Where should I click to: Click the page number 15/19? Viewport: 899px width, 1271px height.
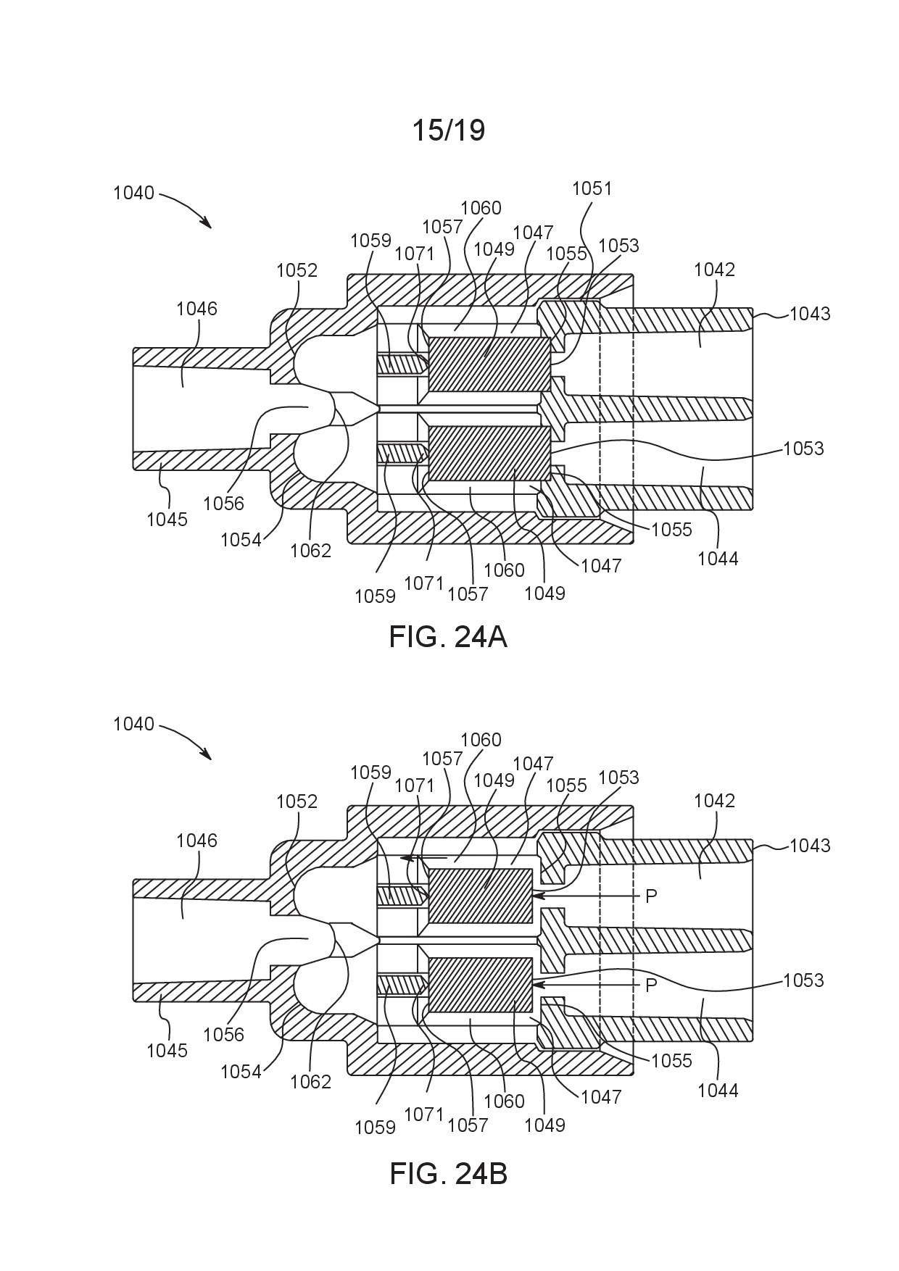(x=448, y=130)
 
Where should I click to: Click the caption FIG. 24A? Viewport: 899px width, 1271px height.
(x=447, y=637)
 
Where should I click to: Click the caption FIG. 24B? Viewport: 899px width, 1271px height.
(x=448, y=1173)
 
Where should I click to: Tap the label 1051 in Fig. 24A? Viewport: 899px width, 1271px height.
(x=592, y=188)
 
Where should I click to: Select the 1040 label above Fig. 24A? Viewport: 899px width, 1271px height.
(x=133, y=193)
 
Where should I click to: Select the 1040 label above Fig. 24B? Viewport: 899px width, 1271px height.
(x=133, y=724)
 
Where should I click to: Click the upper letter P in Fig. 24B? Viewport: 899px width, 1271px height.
(x=651, y=896)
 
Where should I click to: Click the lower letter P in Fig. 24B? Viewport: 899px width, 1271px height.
(x=651, y=985)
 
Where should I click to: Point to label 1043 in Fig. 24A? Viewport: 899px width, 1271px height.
(x=810, y=314)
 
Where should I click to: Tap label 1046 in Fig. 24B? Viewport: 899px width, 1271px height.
(x=196, y=841)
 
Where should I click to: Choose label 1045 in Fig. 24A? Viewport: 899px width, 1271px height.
(x=167, y=519)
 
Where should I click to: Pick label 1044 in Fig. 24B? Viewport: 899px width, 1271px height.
(x=718, y=1090)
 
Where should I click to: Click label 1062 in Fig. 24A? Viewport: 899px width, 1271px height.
(x=310, y=551)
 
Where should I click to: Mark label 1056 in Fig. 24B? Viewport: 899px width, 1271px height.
(x=223, y=1035)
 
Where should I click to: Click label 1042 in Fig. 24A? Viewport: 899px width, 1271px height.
(x=714, y=270)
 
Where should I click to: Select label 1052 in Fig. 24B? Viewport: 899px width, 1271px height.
(x=297, y=801)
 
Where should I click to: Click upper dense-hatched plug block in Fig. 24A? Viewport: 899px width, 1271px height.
(x=489, y=364)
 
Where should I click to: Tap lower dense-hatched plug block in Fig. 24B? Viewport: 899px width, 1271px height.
(x=481, y=985)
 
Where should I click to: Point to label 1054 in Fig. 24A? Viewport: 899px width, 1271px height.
(x=241, y=540)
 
